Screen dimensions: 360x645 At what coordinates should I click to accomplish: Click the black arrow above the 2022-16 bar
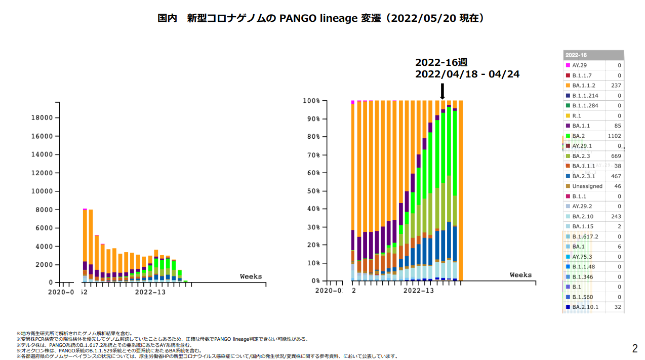tap(442, 91)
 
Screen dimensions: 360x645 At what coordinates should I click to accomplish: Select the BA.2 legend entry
tap(578, 136)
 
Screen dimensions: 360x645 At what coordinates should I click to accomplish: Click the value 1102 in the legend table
tap(614, 136)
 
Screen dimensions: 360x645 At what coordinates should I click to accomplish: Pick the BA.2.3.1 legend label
tap(584, 176)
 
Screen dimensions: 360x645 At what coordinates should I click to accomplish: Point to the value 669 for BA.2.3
tap(616, 156)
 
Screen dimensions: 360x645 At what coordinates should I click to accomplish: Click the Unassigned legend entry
tap(587, 186)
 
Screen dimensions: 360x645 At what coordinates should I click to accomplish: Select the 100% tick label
tap(310, 101)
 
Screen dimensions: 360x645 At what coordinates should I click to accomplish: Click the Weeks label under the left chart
tap(251, 276)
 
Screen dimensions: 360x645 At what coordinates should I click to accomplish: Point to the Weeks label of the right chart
tap(520, 275)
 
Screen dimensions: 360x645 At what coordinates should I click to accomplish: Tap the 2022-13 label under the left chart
tap(150, 292)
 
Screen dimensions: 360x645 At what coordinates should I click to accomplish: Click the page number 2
tap(635, 348)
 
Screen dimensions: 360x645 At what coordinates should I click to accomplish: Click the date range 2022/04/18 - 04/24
tap(467, 74)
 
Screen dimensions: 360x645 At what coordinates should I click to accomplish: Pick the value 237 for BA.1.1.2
tap(616, 86)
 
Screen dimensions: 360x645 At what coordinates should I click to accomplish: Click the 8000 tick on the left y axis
tap(45, 210)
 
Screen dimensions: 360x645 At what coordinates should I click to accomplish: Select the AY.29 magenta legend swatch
tap(568, 66)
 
